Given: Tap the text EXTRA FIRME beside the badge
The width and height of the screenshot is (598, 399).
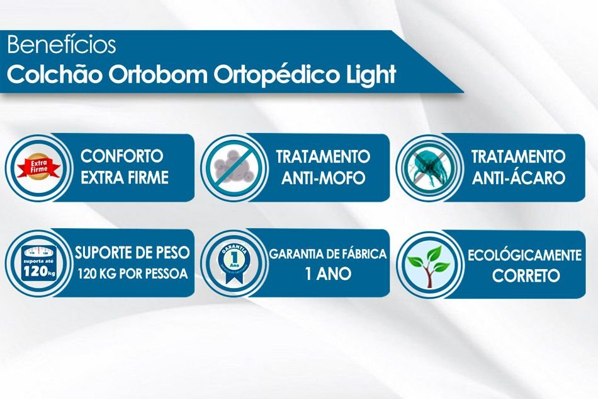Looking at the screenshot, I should point(125,178).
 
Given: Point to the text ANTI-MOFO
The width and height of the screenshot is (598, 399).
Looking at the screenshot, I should point(324,178).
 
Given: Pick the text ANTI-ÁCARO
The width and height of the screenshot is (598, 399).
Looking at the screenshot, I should point(519,178).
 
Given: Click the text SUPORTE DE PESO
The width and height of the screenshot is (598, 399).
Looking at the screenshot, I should point(132,253).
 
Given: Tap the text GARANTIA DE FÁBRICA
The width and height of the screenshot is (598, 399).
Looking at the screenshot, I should point(328,254).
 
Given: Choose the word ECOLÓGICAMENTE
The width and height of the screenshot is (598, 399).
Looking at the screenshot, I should point(524,255).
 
